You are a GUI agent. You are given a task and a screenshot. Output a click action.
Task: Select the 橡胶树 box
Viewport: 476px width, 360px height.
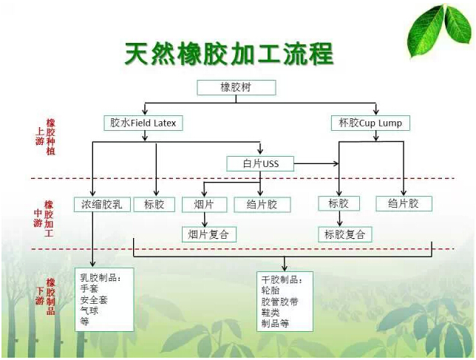pyautogui.click(x=237, y=87)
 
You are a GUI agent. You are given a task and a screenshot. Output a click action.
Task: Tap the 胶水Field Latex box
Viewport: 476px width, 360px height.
pyautogui.click(x=143, y=123)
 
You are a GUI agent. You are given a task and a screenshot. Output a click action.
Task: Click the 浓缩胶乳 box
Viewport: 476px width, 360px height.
pyautogui.click(x=103, y=204)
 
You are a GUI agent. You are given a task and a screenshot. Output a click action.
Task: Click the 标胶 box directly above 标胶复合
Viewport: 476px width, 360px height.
pyautogui.click(x=339, y=203)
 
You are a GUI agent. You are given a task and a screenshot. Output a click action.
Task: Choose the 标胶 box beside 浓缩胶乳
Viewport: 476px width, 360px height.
pyautogui.click(x=154, y=204)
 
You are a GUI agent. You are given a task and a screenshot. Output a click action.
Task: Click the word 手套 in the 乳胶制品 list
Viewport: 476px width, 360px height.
pyautogui.click(x=89, y=290)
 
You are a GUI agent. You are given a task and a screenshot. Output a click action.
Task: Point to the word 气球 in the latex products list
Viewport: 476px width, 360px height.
pyautogui.click(x=89, y=311)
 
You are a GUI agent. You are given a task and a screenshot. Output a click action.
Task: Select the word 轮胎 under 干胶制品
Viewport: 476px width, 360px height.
pyautogui.click(x=271, y=291)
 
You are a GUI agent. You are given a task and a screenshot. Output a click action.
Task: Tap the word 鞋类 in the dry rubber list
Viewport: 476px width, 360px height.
pyautogui.click(x=271, y=313)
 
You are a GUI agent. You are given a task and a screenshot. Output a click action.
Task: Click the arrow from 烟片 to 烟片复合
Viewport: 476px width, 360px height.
pyautogui.click(x=204, y=220)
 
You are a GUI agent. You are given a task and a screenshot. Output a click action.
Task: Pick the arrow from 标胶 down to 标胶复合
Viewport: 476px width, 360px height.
pyautogui.click(x=339, y=219)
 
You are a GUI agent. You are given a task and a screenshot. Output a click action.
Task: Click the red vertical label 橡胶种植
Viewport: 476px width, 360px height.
pyautogui.click(x=51, y=137)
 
